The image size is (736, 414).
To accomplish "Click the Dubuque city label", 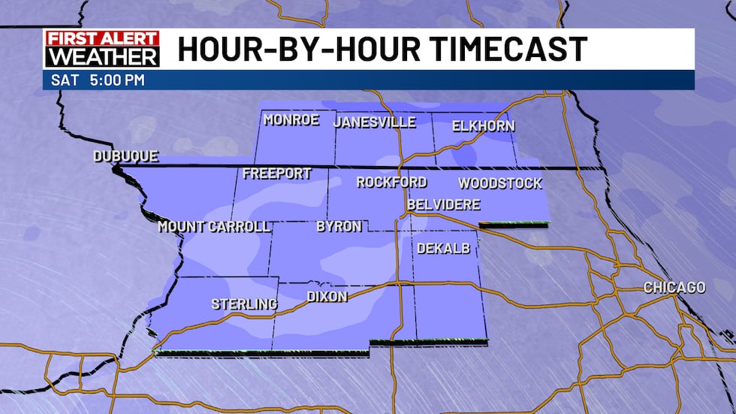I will click(125, 156).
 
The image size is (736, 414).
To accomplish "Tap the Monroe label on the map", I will click(291, 120).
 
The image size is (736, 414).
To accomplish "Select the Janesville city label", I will click(375, 122).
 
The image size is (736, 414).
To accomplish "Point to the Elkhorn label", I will click(484, 126).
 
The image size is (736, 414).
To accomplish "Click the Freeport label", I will click(277, 174).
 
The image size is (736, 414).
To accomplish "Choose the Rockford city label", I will click(391, 182).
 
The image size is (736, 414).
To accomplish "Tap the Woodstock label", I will click(500, 183).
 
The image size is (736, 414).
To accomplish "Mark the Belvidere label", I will click(443, 204).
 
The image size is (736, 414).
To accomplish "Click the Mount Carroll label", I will click(214, 226).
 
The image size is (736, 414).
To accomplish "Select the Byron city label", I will click(339, 226).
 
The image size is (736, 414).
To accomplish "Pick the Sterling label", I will click(244, 304).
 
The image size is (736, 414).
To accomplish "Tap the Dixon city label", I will click(327, 297).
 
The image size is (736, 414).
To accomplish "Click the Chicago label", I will click(674, 288).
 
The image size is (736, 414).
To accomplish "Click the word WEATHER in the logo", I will click(101, 57).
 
